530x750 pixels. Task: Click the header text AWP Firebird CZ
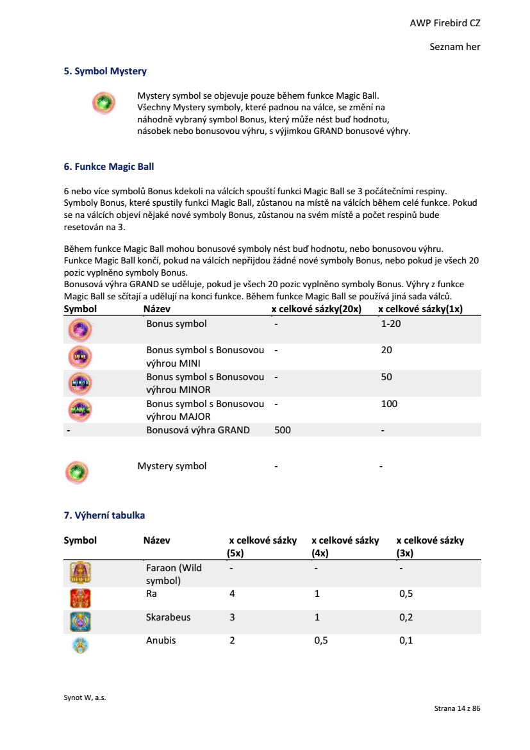(x=445, y=23)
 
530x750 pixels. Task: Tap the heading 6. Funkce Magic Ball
(x=109, y=167)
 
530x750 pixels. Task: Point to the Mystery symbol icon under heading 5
(x=103, y=102)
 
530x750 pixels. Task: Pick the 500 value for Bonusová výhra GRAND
(x=282, y=430)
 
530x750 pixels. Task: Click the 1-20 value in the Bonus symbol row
(x=391, y=324)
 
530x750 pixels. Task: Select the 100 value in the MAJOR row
(x=389, y=404)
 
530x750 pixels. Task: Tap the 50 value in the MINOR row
(x=386, y=377)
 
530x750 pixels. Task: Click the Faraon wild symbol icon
(x=80, y=572)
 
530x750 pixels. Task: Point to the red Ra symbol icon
(x=80, y=598)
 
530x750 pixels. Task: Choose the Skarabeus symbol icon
(x=80, y=622)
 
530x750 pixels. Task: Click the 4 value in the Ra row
(x=232, y=594)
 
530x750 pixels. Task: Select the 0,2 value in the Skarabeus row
(x=406, y=617)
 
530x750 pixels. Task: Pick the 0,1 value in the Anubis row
(x=406, y=640)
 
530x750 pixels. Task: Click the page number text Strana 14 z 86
(x=457, y=708)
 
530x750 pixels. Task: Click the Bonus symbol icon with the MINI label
(x=80, y=356)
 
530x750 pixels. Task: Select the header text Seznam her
(x=454, y=47)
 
